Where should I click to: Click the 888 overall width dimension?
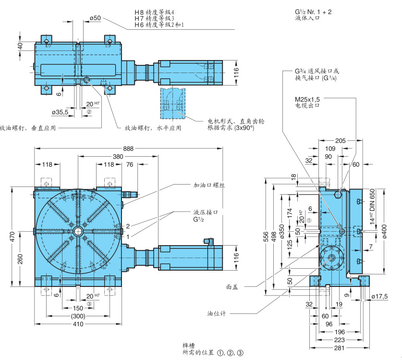[x=128, y=149]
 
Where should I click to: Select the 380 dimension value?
[x=118, y=157]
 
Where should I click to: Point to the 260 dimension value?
[x=20, y=260]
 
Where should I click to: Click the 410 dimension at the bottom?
[x=77, y=324]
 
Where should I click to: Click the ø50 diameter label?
[x=95, y=18]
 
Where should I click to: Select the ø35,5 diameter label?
[x=60, y=112]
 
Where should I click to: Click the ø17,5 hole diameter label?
[x=379, y=296]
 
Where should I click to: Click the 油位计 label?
[x=216, y=313]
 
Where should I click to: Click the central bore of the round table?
[x=77, y=231]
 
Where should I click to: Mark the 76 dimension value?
[x=130, y=164]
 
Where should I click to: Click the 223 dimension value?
[x=339, y=339]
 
